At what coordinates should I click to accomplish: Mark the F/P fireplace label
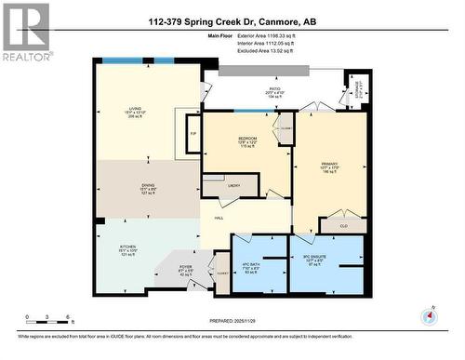(x=193, y=134)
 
